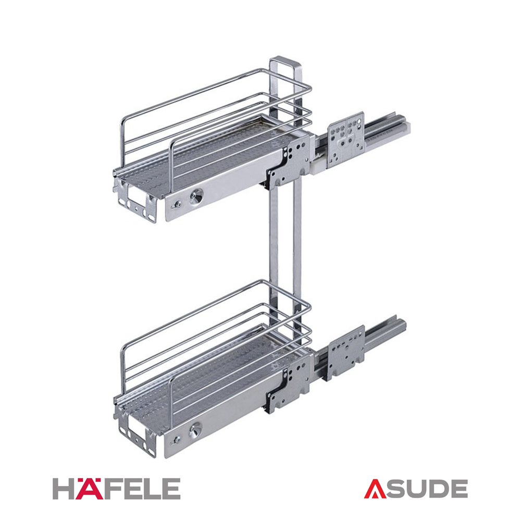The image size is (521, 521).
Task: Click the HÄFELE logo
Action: (116, 489)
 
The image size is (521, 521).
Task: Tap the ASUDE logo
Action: (416, 489)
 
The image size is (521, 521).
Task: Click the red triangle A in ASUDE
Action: (375, 489)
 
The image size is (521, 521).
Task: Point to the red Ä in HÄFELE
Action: (86, 489)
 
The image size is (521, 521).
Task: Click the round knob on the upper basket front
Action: (196, 197)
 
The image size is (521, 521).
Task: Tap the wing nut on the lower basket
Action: (176, 441)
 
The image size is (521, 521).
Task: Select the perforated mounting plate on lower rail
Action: (346, 353)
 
